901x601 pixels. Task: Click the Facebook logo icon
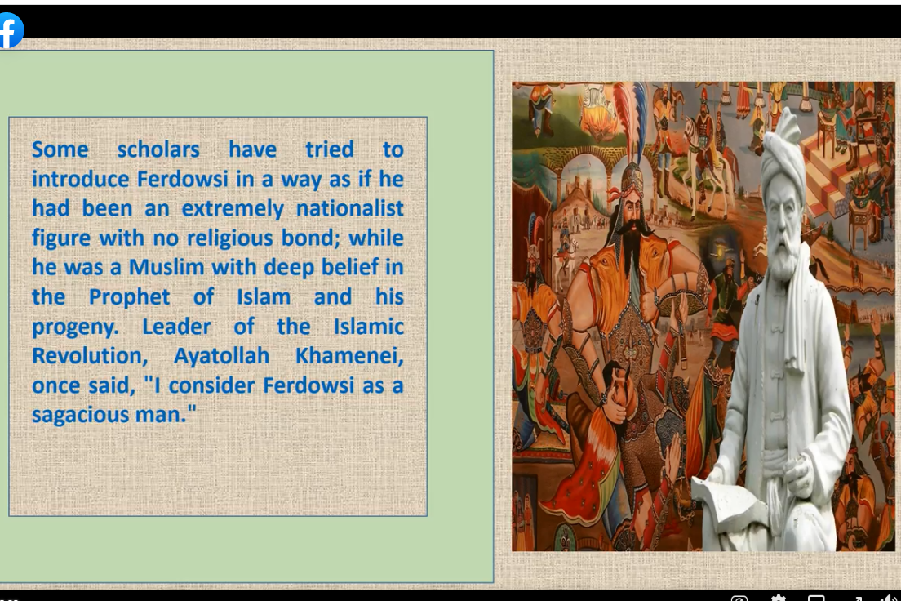(x=11, y=30)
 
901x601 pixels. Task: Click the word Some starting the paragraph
(x=60, y=149)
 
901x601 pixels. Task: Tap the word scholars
(x=158, y=149)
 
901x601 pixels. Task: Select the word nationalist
(x=350, y=208)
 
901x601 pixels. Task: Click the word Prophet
(x=129, y=297)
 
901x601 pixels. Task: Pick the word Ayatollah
(x=221, y=356)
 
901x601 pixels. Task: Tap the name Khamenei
(x=350, y=356)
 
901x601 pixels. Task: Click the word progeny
(x=75, y=327)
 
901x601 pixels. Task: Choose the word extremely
(x=233, y=208)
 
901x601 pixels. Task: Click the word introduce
(x=81, y=179)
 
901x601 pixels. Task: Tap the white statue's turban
(x=783, y=155)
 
